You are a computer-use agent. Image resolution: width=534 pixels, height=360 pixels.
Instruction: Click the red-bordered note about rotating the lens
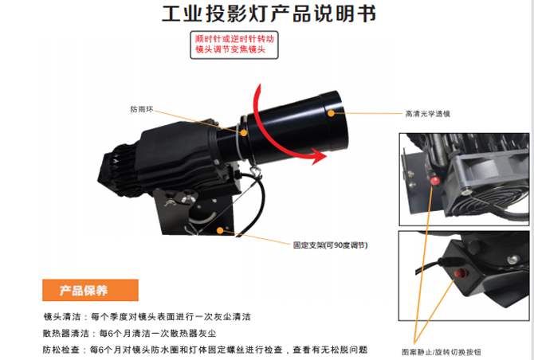[x=237, y=44]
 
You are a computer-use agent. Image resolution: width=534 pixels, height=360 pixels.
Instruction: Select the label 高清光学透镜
[x=426, y=114]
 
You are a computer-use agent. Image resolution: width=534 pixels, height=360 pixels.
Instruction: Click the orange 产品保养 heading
[x=89, y=289]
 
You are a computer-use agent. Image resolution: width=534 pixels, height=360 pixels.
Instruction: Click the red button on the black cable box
[x=459, y=275]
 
